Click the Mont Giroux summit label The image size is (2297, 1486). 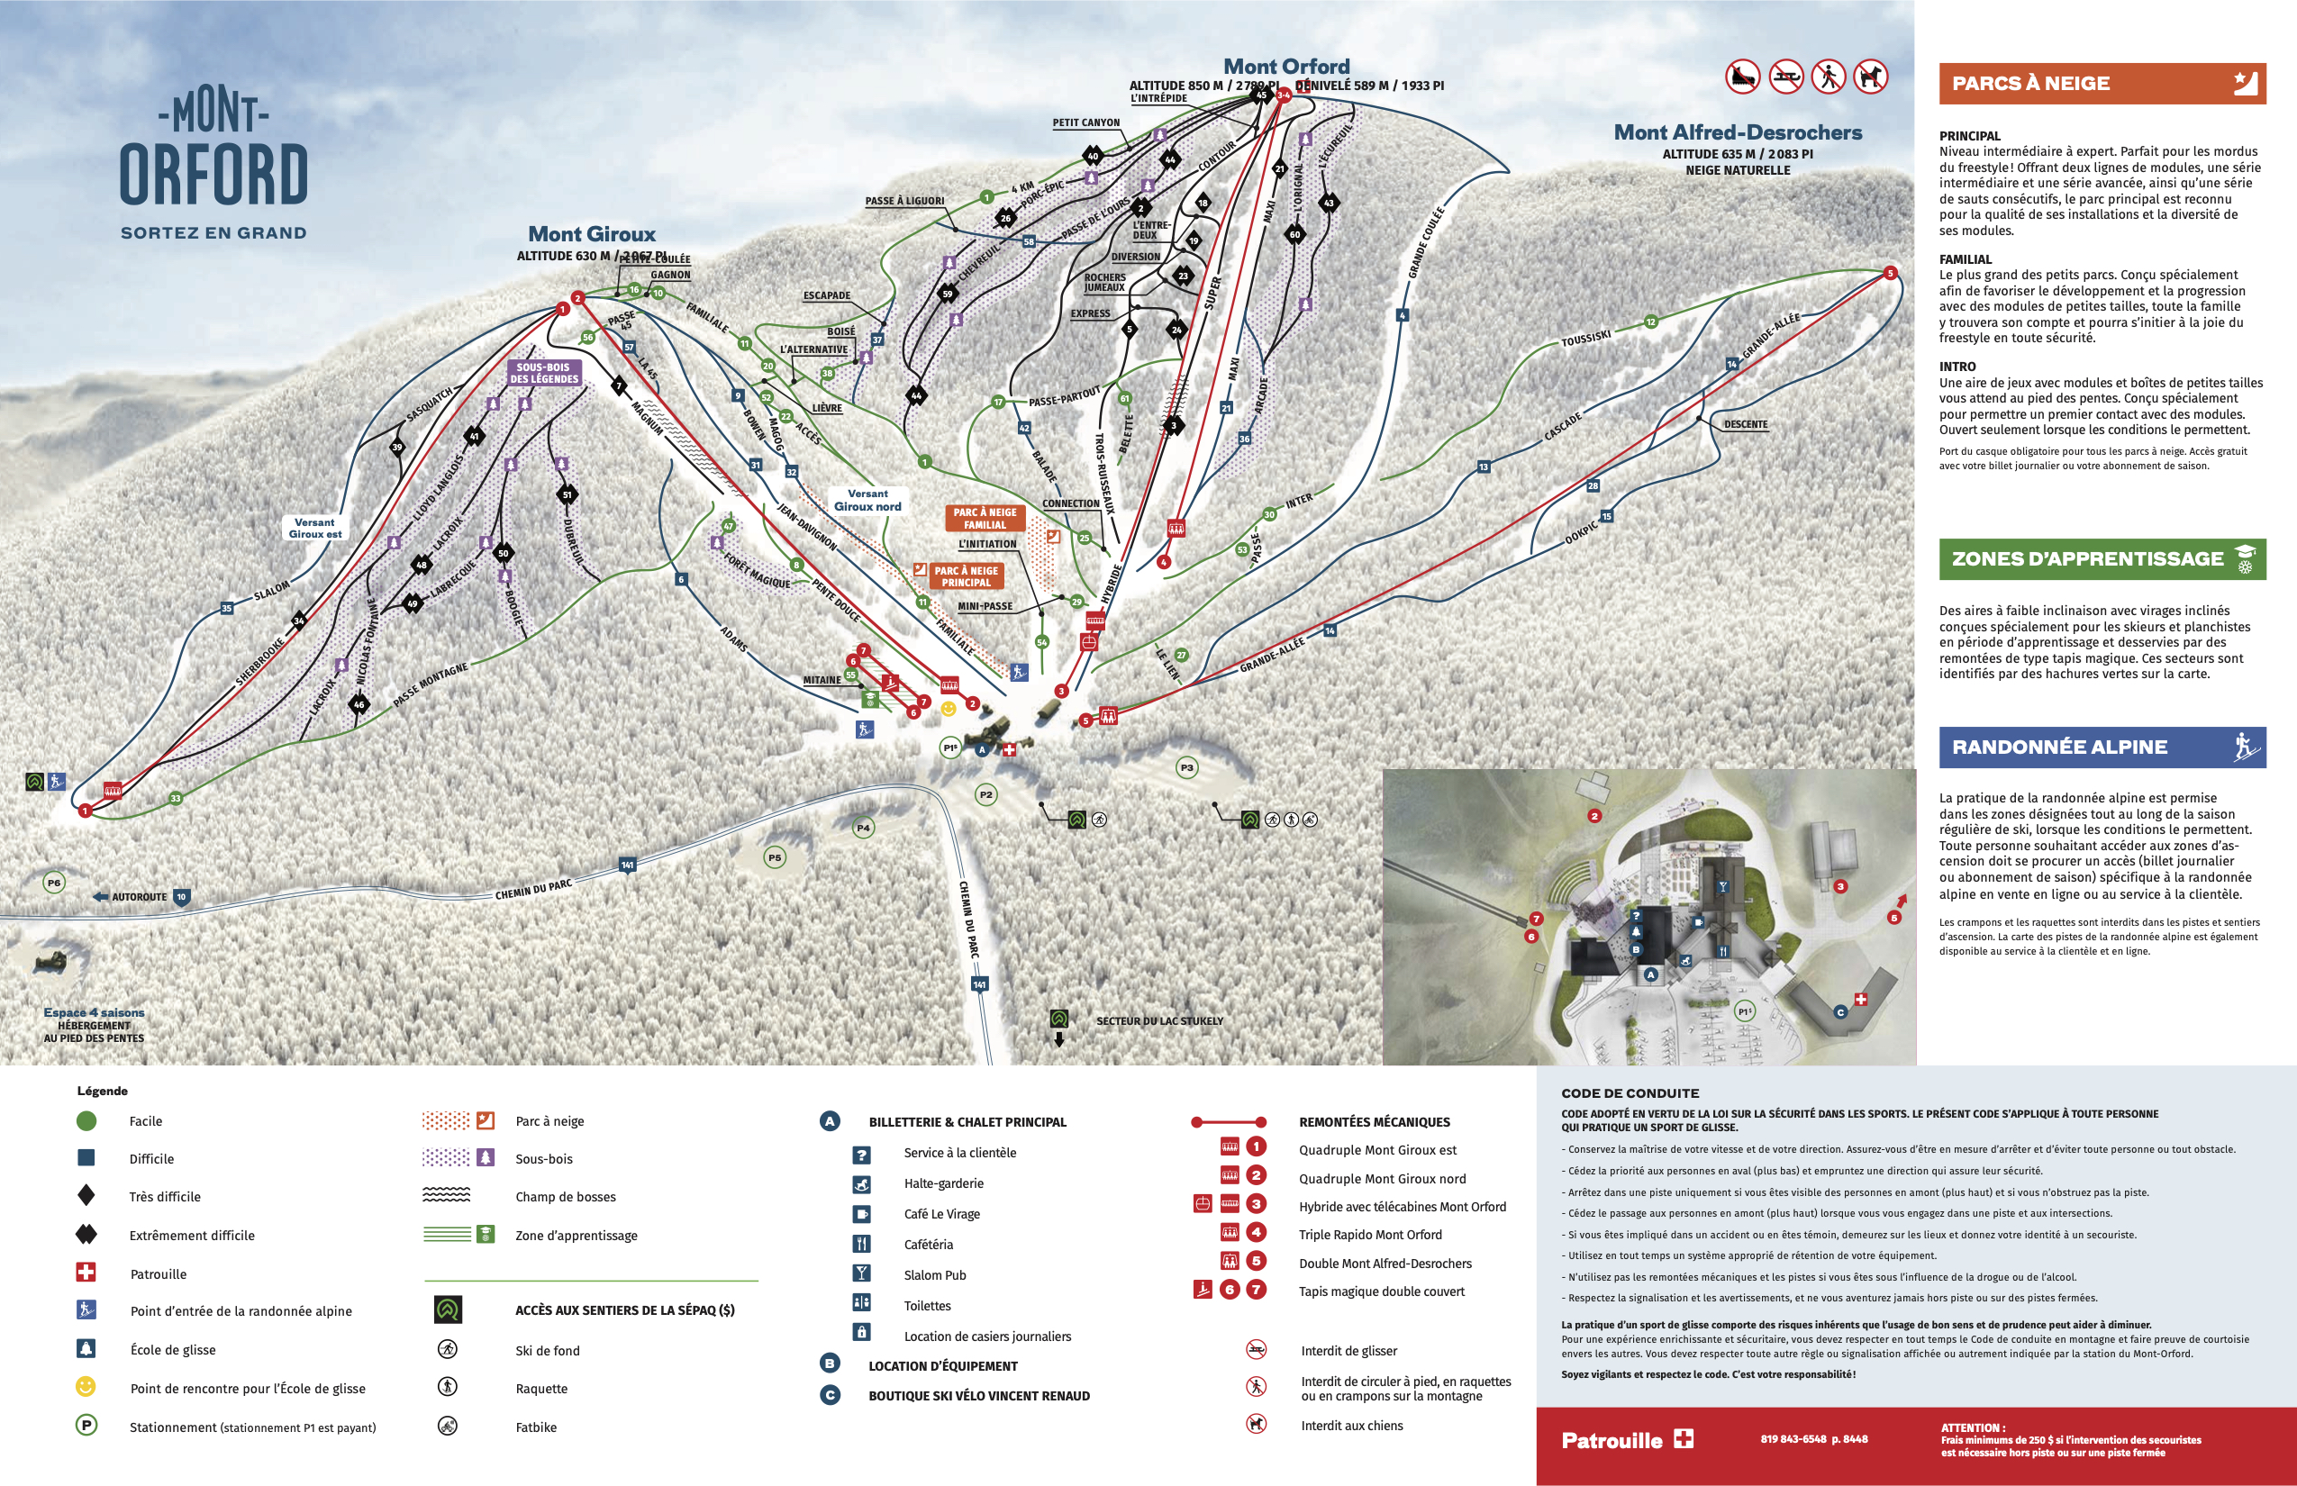pos(592,233)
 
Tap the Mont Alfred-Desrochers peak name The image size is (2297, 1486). pos(1738,132)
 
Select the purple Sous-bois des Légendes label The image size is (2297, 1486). pos(543,373)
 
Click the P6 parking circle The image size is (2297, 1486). pos(54,882)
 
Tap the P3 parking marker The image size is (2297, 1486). pos(1186,767)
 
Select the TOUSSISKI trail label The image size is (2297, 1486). pos(1585,339)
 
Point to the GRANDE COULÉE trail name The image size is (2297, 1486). pos(1425,242)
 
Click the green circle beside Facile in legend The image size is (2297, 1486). pos(86,1120)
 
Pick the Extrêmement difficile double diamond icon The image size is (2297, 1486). pos(86,1234)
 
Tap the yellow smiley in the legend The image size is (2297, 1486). pos(86,1387)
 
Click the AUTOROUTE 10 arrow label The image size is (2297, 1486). pos(141,896)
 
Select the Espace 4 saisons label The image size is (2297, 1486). pos(94,1012)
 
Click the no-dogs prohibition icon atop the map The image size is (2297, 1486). pos(1869,77)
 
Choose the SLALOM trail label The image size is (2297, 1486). pos(271,590)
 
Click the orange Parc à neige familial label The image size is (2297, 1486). pos(985,518)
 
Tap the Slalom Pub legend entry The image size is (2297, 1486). pos(934,1274)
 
